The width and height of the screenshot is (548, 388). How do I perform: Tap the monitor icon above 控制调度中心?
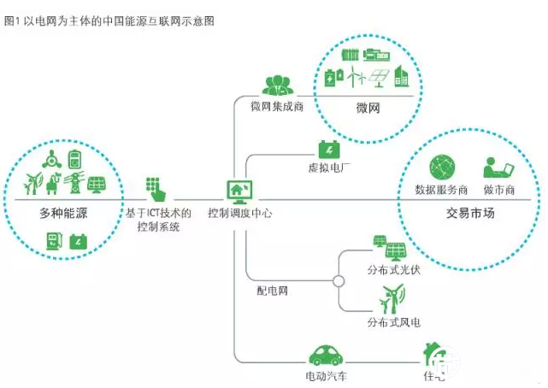pos(239,190)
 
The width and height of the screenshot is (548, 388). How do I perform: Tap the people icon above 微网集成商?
pos(278,85)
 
